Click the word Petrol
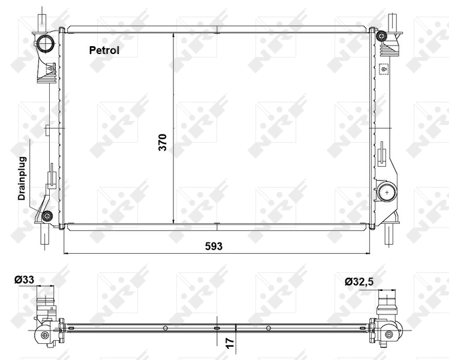coord(104,50)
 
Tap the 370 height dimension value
coord(162,142)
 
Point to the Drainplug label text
coord(22,178)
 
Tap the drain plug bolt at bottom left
coord(48,216)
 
